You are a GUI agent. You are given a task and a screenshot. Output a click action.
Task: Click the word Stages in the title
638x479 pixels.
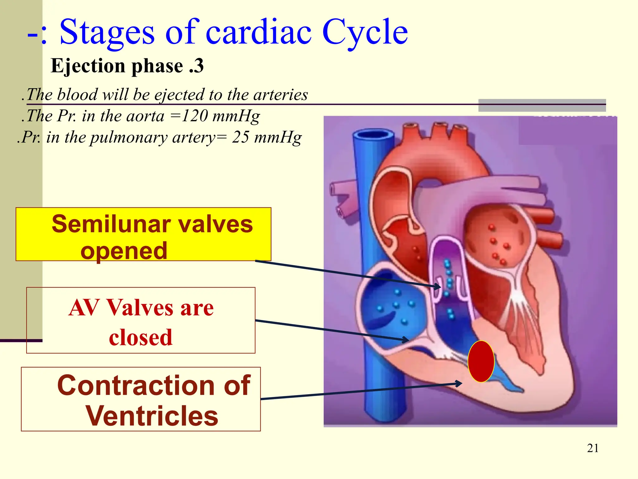pyautogui.click(x=107, y=32)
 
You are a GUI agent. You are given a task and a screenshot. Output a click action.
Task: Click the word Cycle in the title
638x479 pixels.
pyautogui.click(x=364, y=32)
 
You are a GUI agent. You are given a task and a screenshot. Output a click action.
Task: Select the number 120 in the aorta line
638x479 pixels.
pyautogui.click(x=194, y=116)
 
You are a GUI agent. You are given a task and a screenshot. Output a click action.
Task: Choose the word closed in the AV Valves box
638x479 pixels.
pyautogui.click(x=140, y=337)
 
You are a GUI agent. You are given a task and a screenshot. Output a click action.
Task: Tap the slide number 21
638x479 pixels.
pyautogui.click(x=593, y=448)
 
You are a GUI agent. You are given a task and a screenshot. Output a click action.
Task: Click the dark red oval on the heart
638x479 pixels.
pyautogui.click(x=481, y=361)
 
